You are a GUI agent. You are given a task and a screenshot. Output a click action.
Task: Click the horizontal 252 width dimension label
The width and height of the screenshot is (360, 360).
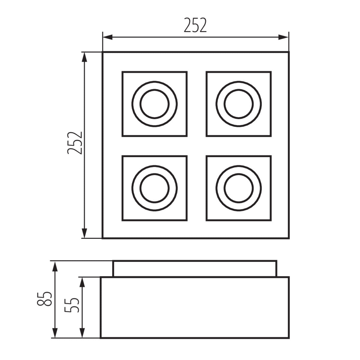(x=195, y=25)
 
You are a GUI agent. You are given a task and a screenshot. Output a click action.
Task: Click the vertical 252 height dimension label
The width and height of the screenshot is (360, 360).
(x=75, y=143)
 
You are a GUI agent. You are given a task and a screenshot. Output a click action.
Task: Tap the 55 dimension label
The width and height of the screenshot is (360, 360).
(x=72, y=305)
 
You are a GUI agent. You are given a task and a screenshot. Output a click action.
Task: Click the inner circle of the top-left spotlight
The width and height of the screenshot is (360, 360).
(x=154, y=104)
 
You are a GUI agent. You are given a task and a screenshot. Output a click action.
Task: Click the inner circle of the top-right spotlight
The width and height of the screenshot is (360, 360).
(x=239, y=104)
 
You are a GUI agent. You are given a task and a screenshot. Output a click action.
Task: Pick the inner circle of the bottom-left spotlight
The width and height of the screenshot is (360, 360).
(x=154, y=188)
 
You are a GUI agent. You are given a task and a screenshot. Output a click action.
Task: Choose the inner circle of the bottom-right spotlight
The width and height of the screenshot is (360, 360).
(x=239, y=188)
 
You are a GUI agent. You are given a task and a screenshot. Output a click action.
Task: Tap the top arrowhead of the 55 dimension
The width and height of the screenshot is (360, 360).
(x=82, y=282)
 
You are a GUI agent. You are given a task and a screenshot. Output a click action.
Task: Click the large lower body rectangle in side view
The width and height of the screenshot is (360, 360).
(x=195, y=307)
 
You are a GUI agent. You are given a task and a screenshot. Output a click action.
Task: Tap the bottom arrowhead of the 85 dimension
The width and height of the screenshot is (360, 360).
(x=55, y=333)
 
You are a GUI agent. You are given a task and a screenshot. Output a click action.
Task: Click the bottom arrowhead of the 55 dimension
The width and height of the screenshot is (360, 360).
(x=82, y=333)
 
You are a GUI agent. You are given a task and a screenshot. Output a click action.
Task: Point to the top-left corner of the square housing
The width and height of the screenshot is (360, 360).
(x=103, y=52)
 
